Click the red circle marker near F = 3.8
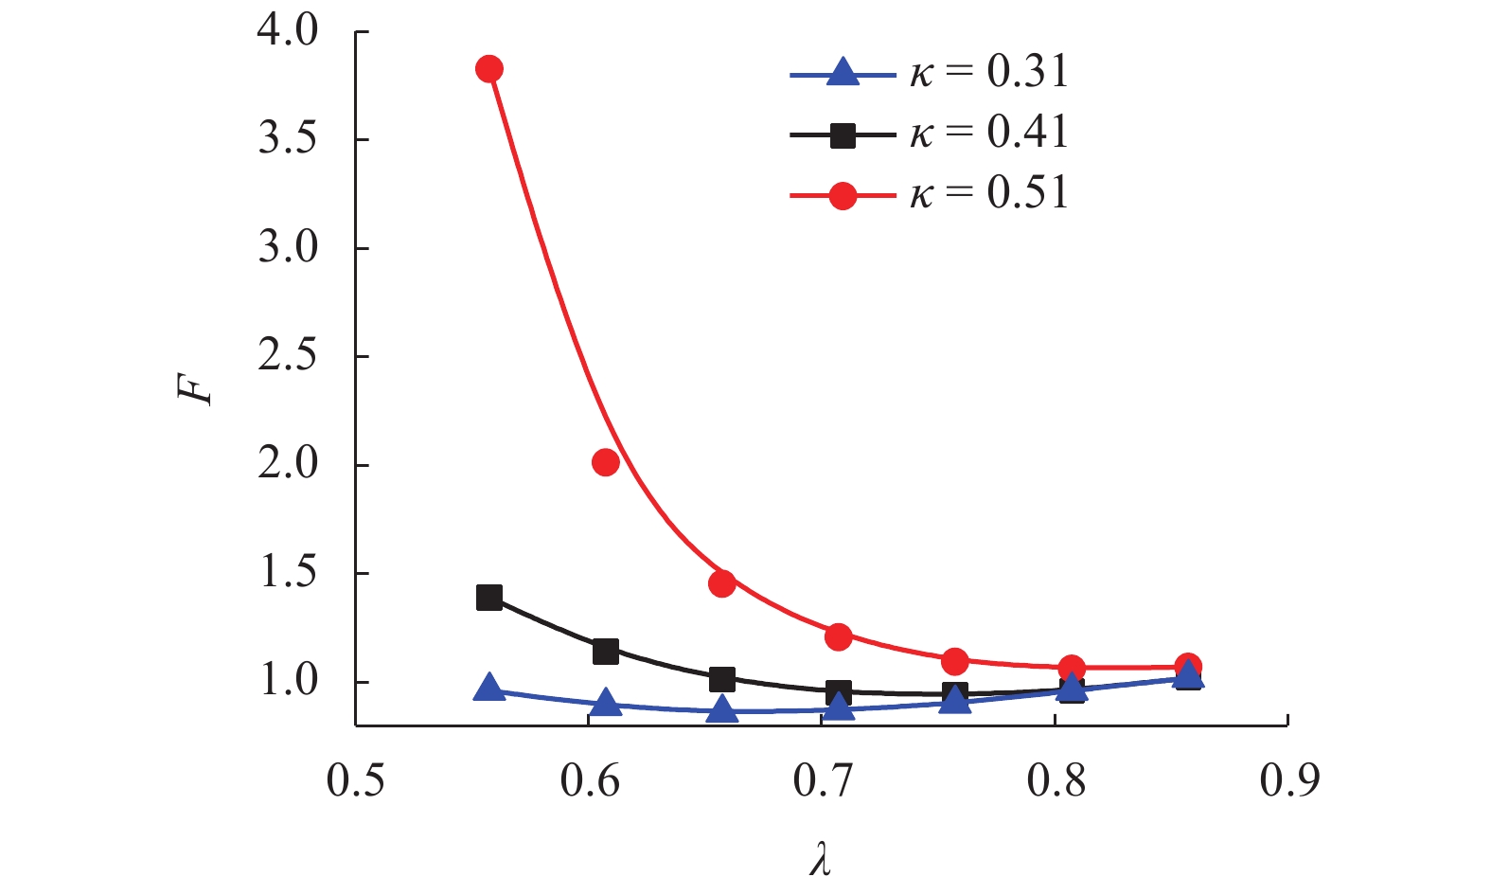pos(489,69)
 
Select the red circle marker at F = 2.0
pos(606,462)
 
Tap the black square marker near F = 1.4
pos(489,598)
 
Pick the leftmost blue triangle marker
pos(489,689)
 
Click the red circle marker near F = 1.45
pos(722,583)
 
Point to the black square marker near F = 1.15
pos(606,652)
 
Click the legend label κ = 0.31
pos(988,72)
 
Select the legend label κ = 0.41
pos(988,133)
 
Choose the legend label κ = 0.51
pos(988,193)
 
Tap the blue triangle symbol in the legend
pos(842,73)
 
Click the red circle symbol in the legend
pos(842,196)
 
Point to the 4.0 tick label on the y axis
pos(288,31)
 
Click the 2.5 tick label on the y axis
pos(288,356)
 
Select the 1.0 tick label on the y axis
pos(288,681)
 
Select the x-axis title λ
pos(820,860)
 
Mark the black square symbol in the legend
pos(842,135)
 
